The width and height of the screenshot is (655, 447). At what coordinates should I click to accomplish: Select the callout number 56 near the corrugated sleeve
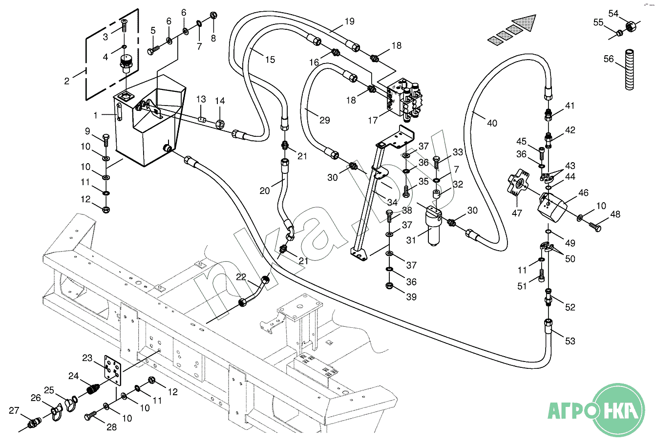click(x=608, y=59)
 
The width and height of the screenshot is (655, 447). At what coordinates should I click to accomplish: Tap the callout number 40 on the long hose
click(x=492, y=123)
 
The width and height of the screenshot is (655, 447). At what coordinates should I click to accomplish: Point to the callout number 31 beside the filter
click(x=411, y=240)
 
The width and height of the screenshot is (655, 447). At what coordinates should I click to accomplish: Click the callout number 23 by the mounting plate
click(x=87, y=358)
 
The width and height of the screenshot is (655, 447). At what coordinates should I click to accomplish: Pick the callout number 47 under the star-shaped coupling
click(x=517, y=213)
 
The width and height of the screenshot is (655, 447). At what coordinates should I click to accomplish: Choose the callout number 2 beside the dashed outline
click(x=67, y=81)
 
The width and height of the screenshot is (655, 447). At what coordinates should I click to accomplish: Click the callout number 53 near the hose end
click(x=570, y=341)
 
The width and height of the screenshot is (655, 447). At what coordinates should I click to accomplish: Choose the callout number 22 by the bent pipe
click(x=241, y=277)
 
